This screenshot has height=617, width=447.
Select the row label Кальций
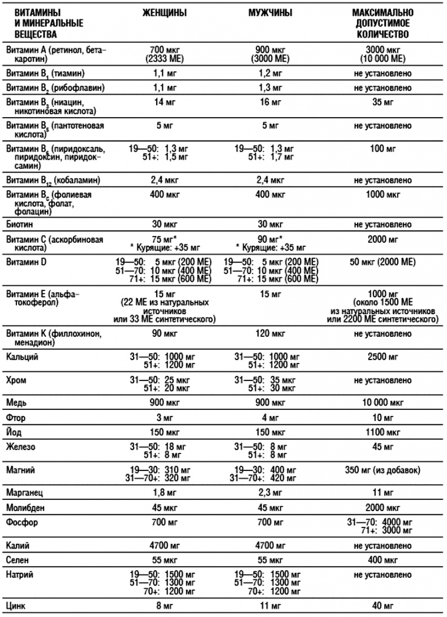tap(22, 357)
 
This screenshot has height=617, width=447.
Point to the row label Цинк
tap(16, 606)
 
